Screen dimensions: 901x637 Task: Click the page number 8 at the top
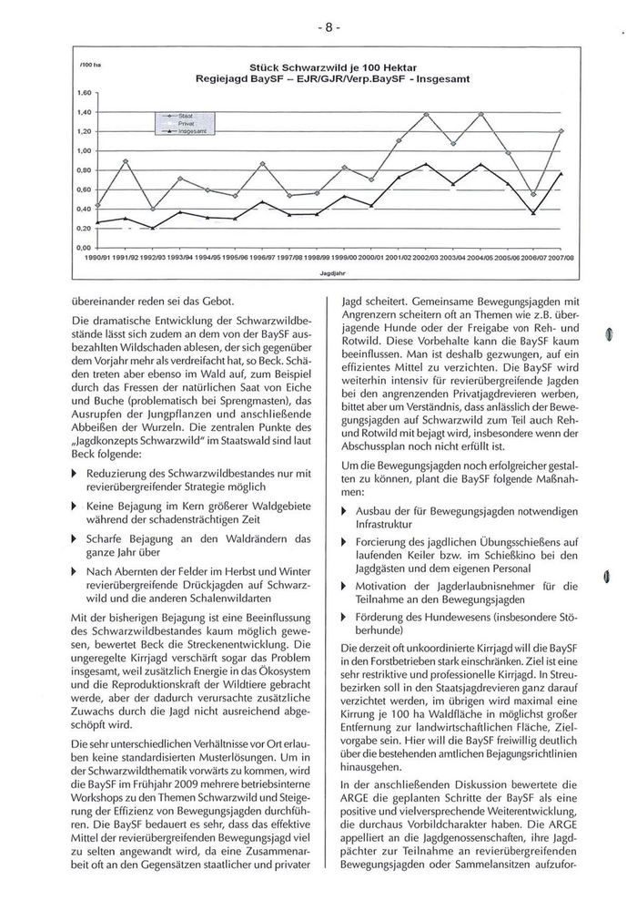point(329,26)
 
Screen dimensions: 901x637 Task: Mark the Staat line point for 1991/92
point(125,161)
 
